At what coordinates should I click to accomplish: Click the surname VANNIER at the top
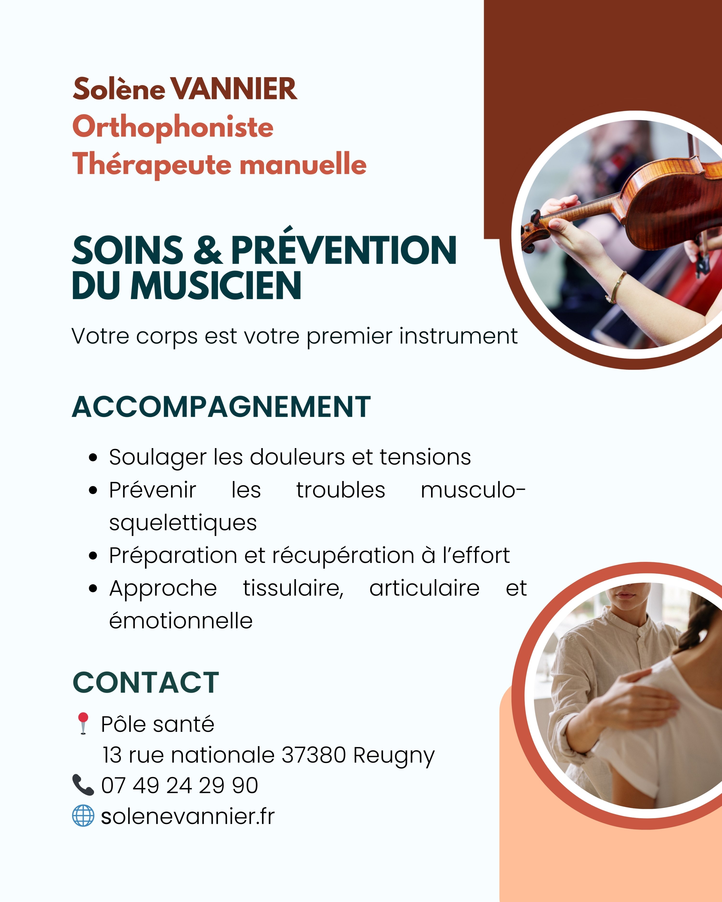click(x=233, y=89)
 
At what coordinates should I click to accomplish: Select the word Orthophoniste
click(x=173, y=127)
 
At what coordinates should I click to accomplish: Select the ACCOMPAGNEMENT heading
click(x=221, y=407)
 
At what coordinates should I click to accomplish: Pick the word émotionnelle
click(x=181, y=621)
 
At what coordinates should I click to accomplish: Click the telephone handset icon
click(x=83, y=785)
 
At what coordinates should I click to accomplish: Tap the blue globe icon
click(x=83, y=816)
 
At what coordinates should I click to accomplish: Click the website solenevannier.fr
click(x=187, y=816)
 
